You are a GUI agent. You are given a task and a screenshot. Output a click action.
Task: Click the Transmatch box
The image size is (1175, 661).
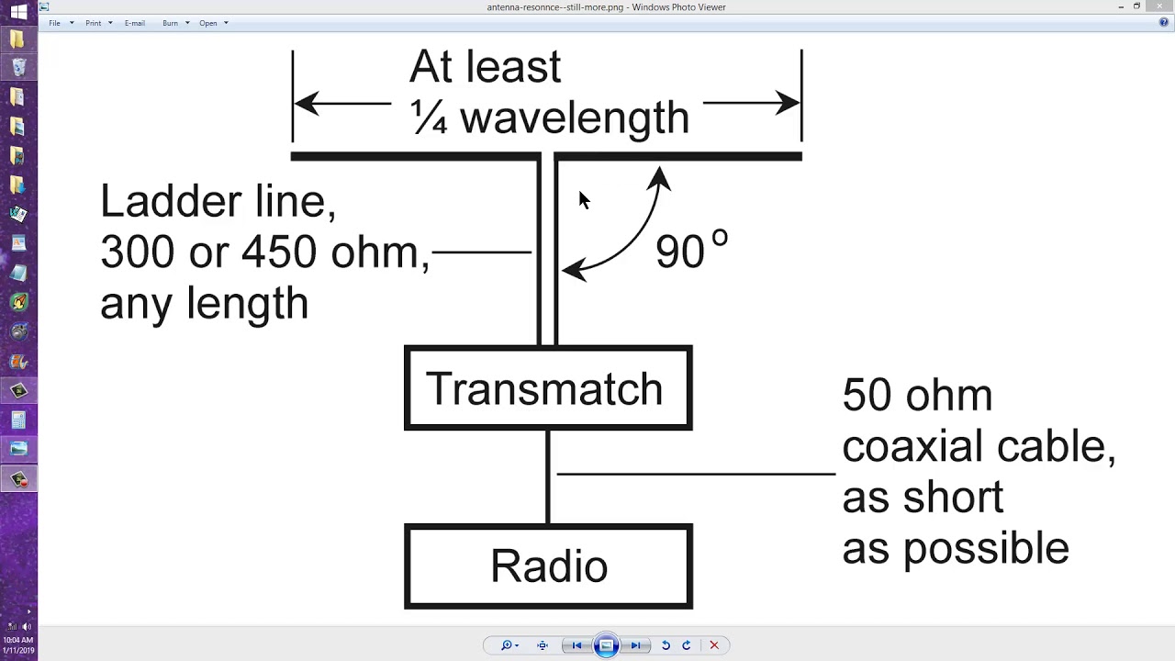pos(548,388)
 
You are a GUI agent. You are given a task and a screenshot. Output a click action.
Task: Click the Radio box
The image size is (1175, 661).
pos(548,566)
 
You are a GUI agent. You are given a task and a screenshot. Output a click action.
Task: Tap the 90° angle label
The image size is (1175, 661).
pos(691,250)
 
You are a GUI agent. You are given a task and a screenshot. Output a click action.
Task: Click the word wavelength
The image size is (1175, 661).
pos(574,118)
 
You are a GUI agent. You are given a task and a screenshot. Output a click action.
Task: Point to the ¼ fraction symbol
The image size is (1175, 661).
pos(428,118)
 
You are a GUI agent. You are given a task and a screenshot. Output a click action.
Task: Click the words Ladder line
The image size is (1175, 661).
pos(218,201)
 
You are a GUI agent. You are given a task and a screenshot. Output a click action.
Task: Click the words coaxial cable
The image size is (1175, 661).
pos(979,447)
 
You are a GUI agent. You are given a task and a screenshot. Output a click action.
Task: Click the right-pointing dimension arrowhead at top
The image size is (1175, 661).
pos(788,103)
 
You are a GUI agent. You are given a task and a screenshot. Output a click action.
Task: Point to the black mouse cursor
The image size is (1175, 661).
pos(583,199)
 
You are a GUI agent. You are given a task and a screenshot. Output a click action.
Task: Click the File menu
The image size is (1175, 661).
pos(55,23)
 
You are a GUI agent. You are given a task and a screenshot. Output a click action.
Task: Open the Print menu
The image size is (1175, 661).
pos(94,23)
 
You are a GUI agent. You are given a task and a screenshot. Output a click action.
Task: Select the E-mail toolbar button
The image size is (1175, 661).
pos(135,23)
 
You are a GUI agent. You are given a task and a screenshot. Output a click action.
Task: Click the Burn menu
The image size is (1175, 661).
pos(171,23)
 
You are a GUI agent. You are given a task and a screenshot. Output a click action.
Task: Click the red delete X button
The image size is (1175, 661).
pos(713,645)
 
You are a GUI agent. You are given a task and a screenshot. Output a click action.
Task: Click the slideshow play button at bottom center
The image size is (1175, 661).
pos(606,645)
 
